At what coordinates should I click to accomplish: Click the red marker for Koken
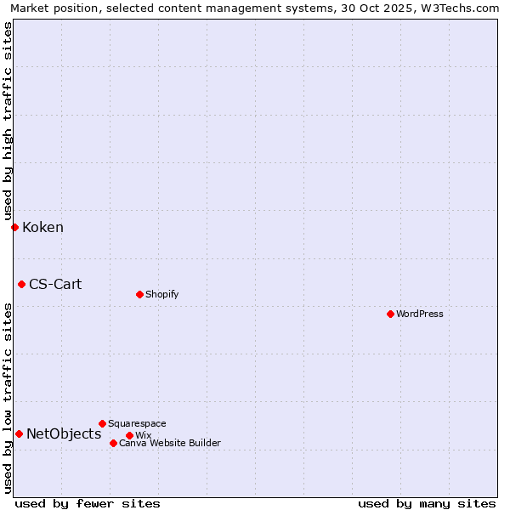[x=14, y=227]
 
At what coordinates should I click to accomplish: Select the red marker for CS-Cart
[x=21, y=284]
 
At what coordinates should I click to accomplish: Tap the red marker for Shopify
[x=139, y=294]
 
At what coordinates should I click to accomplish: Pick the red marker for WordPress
[x=390, y=314]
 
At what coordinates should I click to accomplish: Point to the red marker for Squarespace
[x=102, y=423]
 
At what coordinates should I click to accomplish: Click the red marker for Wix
[x=129, y=435]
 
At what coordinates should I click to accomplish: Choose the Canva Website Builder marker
[x=113, y=443]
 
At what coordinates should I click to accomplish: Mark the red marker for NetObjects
[x=19, y=433]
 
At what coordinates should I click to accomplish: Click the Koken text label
[x=42, y=227]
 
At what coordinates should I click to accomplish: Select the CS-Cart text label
[x=55, y=284]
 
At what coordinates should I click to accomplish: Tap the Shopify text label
[x=161, y=294]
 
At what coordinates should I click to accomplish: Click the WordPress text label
[x=420, y=314]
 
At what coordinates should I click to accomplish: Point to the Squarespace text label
[x=137, y=423]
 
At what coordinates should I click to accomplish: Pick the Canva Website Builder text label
[x=170, y=443]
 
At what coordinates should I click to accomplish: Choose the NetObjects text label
[x=64, y=433]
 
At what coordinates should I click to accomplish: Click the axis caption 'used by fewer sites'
[x=88, y=503]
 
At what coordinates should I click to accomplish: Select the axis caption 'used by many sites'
[x=427, y=503]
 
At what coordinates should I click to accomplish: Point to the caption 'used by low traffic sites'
[x=8, y=398]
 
